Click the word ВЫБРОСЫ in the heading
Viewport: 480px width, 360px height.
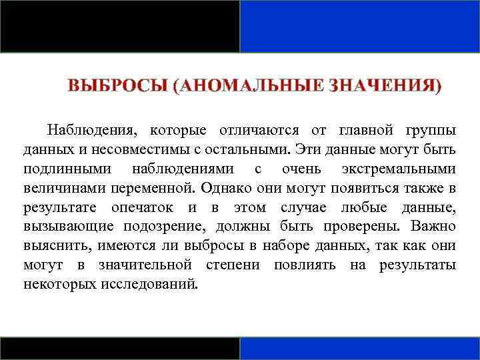click(115, 87)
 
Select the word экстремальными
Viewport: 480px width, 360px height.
click(399, 168)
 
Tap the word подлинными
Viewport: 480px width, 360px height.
click(67, 168)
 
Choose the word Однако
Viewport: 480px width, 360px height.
click(224, 187)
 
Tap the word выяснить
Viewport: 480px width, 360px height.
click(57, 245)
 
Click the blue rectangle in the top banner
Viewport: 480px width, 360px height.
click(360, 26)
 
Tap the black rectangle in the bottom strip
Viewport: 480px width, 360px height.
click(120, 348)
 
